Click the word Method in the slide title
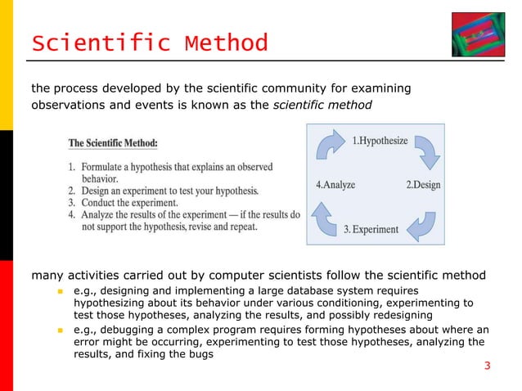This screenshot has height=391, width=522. click(227, 42)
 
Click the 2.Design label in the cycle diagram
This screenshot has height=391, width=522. click(423, 185)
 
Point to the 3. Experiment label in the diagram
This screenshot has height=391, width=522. click(371, 229)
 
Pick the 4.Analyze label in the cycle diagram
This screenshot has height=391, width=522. click(335, 185)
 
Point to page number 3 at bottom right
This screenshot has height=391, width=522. click(487, 365)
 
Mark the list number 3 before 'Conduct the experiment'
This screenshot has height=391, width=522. click(71, 203)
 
